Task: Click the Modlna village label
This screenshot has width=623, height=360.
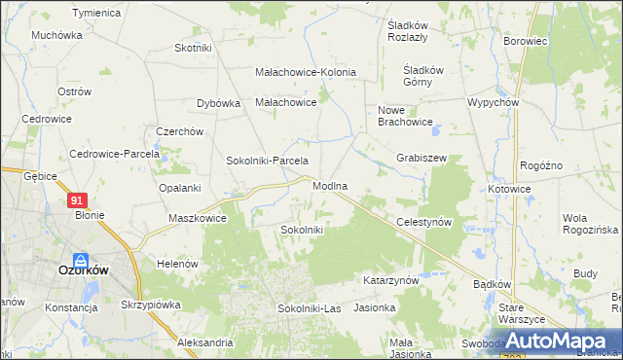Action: click(x=331, y=185)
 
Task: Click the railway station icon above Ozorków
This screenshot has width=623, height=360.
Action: click(x=82, y=261)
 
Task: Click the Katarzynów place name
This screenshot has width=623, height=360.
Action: click(x=390, y=280)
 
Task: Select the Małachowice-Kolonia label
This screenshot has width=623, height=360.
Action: click(x=306, y=72)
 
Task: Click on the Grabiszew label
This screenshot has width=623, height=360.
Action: click(x=421, y=158)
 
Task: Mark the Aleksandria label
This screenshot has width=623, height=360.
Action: click(x=205, y=342)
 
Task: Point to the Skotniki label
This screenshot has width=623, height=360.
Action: click(x=193, y=48)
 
